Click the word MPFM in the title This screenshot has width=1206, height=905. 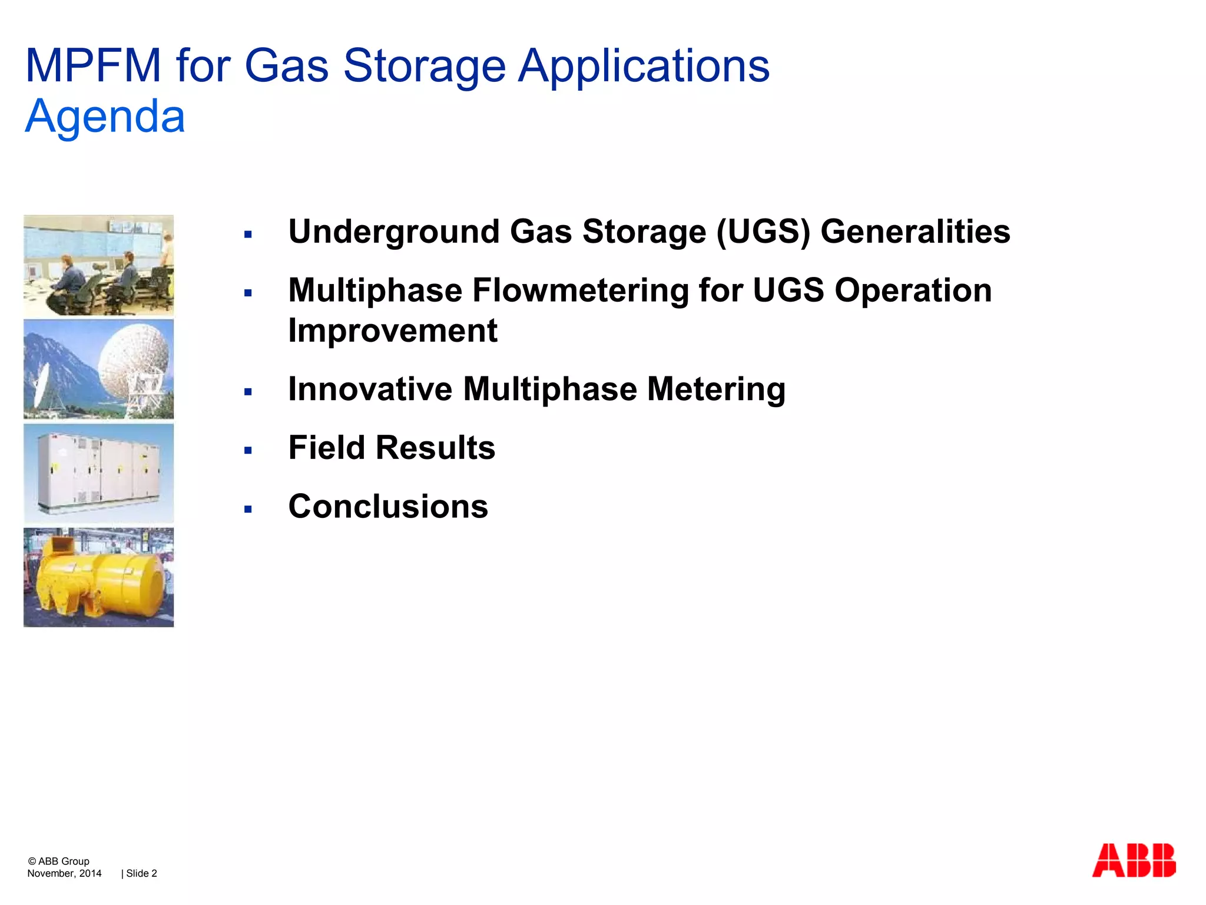pyautogui.click(x=93, y=65)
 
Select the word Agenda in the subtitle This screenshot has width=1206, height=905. pyautogui.click(x=105, y=117)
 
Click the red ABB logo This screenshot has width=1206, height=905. pyautogui.click(x=1134, y=861)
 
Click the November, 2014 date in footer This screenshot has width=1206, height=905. pyautogui.click(x=64, y=873)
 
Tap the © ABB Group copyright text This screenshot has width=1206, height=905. pyautogui.click(x=58, y=861)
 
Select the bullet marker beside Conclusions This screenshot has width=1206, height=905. pyautogui.click(x=248, y=509)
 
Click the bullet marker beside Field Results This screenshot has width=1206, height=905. pyautogui.click(x=248, y=451)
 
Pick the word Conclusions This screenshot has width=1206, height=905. pyautogui.click(x=388, y=506)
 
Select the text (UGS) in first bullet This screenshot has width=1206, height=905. pyautogui.click(x=763, y=232)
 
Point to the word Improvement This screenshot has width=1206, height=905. pyautogui.click(x=393, y=331)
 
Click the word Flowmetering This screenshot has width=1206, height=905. pyautogui.click(x=581, y=290)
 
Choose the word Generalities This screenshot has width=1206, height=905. pyautogui.click(x=915, y=232)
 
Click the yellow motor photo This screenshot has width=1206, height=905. pyautogui.click(x=99, y=577)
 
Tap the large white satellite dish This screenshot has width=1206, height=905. pyautogui.click(x=135, y=359)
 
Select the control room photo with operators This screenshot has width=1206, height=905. pyautogui.click(x=99, y=265)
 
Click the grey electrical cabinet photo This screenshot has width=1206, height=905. pyautogui.click(x=99, y=473)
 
